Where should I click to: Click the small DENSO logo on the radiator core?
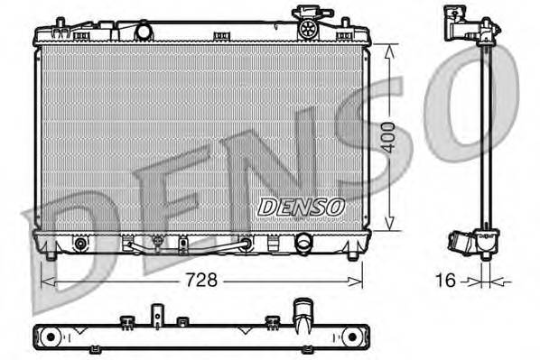click(302, 207)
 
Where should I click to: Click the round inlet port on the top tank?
click(142, 32)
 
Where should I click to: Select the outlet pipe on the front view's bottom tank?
click(304, 244)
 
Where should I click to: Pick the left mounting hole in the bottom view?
click(50, 337)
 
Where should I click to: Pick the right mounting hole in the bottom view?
click(349, 337)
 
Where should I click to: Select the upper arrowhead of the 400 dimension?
click(389, 51)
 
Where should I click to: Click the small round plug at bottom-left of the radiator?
click(82, 245)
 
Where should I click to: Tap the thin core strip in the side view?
click(486, 135)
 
